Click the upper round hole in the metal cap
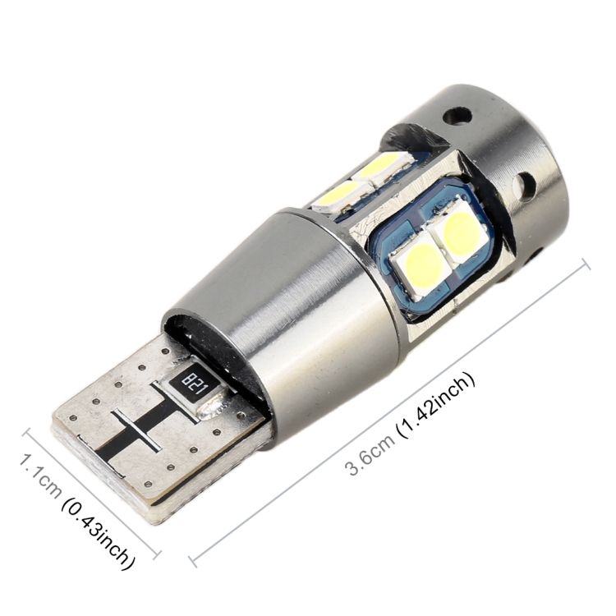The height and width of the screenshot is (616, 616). [x=457, y=114]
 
